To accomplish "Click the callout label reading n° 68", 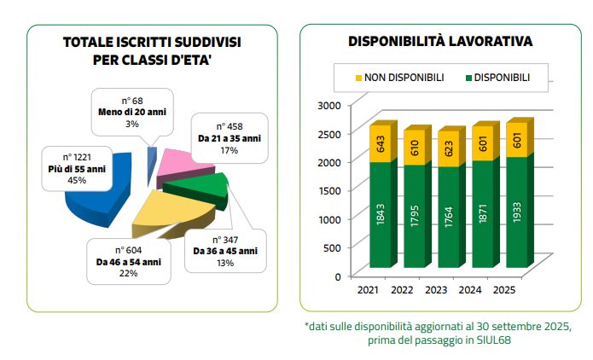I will [131, 101].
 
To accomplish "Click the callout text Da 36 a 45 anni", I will [225, 251].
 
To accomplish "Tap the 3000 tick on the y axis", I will [328, 105].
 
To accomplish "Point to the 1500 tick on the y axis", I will [328, 190].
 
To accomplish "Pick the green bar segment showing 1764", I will [448, 216].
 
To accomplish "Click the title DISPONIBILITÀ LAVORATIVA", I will [441, 41].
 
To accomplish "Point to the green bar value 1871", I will [482, 212].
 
